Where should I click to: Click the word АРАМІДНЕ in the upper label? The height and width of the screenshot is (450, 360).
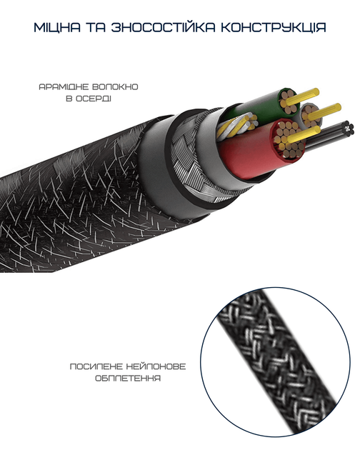pyautogui.click(x=64, y=86)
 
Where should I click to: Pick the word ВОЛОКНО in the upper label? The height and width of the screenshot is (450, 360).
pyautogui.click(x=116, y=86)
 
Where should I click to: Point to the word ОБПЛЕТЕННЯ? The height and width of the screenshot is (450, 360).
pyautogui.click(x=128, y=379)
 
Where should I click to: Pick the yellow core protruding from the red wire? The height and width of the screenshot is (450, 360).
pyautogui.click(x=304, y=134)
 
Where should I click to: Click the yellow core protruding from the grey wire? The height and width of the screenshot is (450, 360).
pyautogui.click(x=324, y=112)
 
